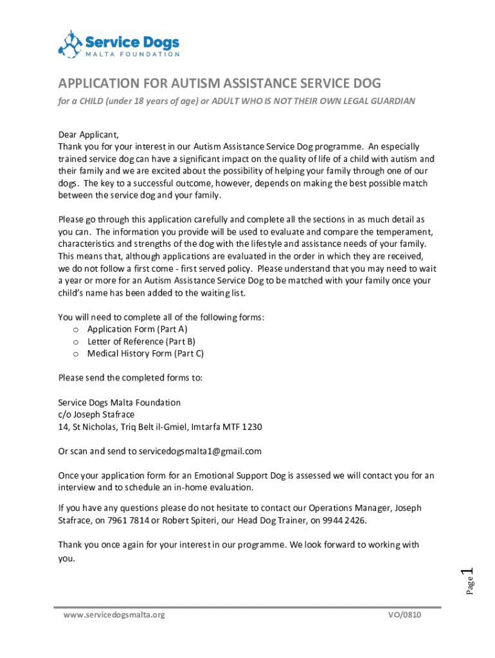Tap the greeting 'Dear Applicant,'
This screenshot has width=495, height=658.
[x=89, y=135]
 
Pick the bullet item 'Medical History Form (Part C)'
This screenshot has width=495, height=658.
[x=145, y=353]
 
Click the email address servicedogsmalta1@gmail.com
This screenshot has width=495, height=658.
[x=200, y=451]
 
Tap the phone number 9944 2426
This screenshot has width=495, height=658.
[x=346, y=520]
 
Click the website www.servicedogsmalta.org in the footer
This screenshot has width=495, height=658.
[x=114, y=615]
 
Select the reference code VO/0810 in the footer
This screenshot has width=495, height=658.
[x=404, y=615]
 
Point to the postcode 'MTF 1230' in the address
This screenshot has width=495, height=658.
[x=244, y=427]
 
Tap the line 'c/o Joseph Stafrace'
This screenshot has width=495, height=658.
[x=96, y=414]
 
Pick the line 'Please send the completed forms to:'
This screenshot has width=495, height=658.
[x=130, y=378]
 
